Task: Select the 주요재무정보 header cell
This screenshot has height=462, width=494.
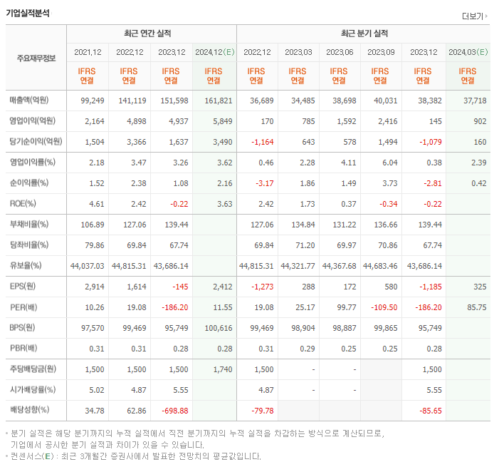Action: point(36,58)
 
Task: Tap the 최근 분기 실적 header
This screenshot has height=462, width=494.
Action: point(364,34)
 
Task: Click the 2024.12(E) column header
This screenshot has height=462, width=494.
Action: point(214,52)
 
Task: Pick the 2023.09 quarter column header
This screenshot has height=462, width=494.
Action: point(380,52)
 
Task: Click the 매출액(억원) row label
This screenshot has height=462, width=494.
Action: point(32,101)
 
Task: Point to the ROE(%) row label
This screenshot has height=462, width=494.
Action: point(24,204)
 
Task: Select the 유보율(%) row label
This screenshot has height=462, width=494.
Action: point(26,266)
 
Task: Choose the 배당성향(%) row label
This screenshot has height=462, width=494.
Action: point(29,411)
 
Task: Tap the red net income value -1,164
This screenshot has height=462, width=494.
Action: point(258,142)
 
